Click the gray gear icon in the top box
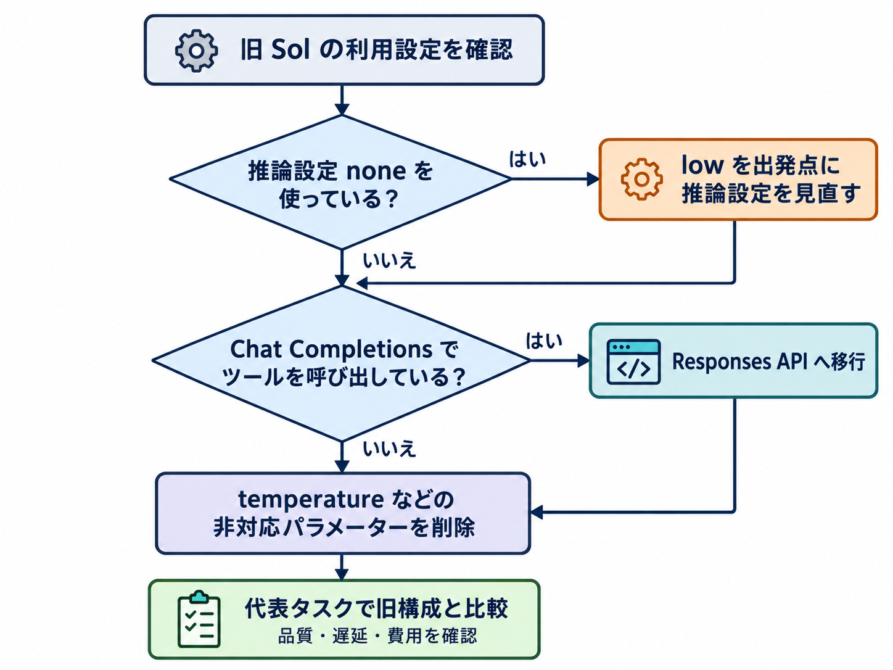pyautogui.click(x=197, y=51)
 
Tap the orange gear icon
pyautogui.click(x=641, y=179)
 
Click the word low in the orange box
pyautogui.click(x=702, y=165)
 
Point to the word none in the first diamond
pyautogui.click(x=376, y=172)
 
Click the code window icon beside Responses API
pyautogui.click(x=633, y=362)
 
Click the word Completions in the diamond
pyautogui.click(x=360, y=350)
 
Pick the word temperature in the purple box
pyautogui.click(x=310, y=500)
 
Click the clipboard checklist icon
pyautogui.click(x=199, y=619)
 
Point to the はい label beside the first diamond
pyautogui.click(x=527, y=159)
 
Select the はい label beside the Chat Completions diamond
pyautogui.click(x=544, y=341)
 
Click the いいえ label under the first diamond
pyautogui.click(x=389, y=261)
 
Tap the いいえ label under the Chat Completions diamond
pyautogui.click(x=389, y=449)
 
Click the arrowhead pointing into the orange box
pyautogui.click(x=593, y=179)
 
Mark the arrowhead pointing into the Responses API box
pyautogui.click(x=583, y=361)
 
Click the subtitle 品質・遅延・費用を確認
pyautogui.click(x=377, y=636)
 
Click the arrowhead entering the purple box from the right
pyautogui.click(x=537, y=512)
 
